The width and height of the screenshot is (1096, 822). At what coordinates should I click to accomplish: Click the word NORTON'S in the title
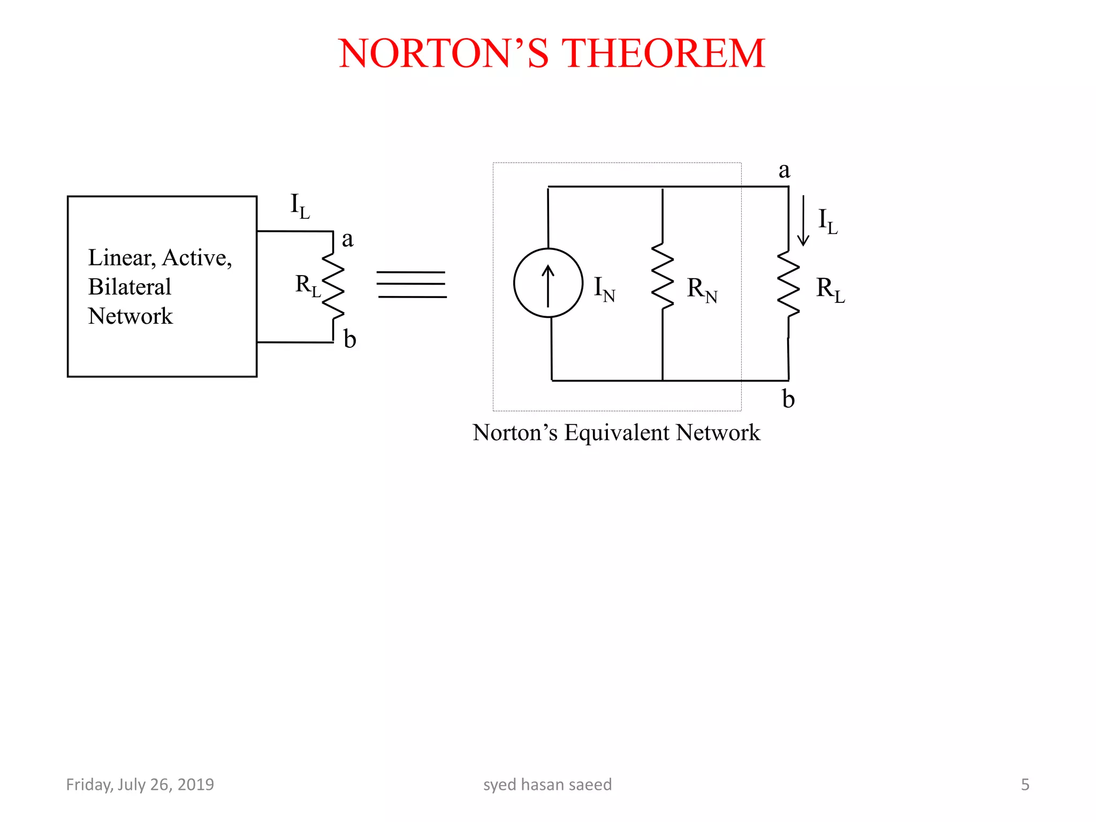(x=444, y=54)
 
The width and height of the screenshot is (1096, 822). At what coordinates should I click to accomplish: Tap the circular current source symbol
(x=548, y=283)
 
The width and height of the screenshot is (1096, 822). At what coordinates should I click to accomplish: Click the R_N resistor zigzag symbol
(x=663, y=276)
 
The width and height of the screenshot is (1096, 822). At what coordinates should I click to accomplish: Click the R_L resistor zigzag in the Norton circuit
(x=788, y=284)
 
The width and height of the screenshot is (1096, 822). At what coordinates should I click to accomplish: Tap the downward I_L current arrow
(x=803, y=220)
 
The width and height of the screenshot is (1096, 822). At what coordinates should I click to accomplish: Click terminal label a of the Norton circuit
(x=784, y=170)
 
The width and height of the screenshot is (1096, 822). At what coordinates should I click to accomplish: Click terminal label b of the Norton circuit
(x=788, y=399)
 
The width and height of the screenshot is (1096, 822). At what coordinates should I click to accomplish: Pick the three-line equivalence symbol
(x=411, y=284)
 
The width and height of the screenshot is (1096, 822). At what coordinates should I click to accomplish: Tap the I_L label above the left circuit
(x=300, y=205)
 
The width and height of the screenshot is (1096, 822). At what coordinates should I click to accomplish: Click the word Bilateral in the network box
(x=130, y=287)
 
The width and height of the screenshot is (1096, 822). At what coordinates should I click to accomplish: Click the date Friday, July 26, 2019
(x=140, y=785)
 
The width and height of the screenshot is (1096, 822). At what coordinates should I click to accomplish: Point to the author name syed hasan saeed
(x=547, y=785)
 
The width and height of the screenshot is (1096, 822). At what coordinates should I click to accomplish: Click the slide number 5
(x=1025, y=785)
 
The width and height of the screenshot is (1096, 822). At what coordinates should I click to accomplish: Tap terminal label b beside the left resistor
(x=349, y=339)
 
